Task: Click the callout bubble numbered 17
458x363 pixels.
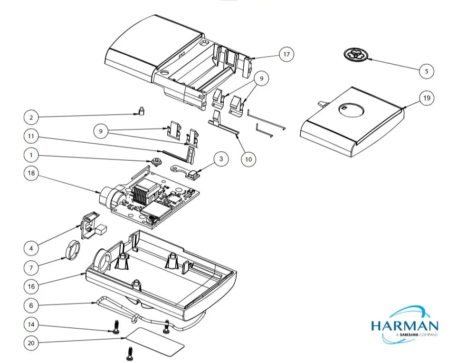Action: (286, 54)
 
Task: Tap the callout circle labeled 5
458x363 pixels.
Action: (427, 71)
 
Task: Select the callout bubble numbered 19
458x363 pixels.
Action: (427, 98)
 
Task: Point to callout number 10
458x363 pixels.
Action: (248, 159)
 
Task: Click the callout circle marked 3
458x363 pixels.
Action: (221, 159)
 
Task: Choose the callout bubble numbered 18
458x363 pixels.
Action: (31, 173)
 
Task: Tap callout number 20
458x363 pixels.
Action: (31, 343)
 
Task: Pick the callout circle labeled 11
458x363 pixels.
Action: (31, 136)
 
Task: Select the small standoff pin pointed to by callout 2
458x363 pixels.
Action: (141, 111)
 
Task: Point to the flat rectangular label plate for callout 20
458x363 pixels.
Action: (155, 342)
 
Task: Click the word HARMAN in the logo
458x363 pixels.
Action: (405, 325)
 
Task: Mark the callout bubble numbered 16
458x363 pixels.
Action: (31, 286)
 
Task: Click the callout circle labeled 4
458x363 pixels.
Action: (31, 249)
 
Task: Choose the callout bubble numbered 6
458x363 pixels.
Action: (31, 305)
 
